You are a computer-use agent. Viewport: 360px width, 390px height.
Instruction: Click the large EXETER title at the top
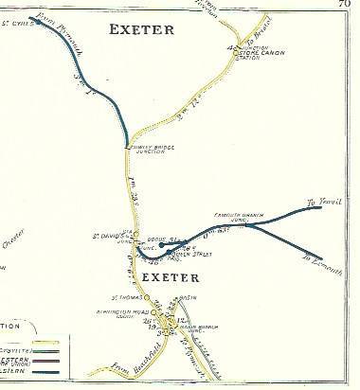coord(142,29)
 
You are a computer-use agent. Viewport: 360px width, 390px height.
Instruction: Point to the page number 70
coord(351,5)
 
